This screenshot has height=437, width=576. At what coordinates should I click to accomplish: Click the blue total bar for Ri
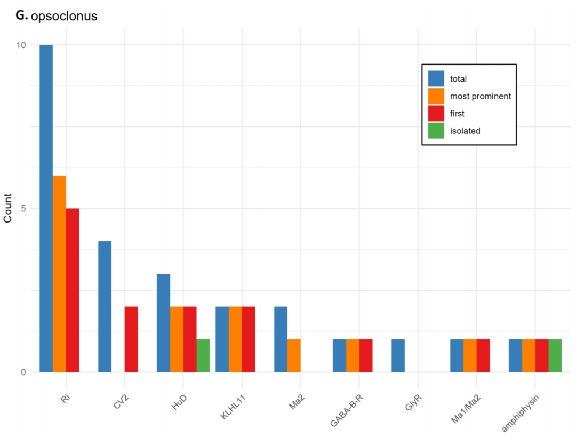(46, 209)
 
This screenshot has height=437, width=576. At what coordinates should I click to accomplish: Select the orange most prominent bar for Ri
(60, 274)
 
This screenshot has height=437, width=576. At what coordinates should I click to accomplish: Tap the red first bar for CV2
(131, 339)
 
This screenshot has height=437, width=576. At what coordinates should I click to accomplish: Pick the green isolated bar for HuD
(203, 355)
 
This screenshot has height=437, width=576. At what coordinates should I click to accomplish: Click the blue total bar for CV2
(105, 306)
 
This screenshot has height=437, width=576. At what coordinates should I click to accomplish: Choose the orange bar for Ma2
(294, 355)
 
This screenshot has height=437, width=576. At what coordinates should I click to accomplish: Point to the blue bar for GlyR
(398, 355)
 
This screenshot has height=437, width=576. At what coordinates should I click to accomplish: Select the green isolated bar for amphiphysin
(555, 355)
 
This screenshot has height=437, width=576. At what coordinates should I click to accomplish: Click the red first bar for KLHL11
(249, 339)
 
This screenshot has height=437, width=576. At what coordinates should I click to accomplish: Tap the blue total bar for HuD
(164, 323)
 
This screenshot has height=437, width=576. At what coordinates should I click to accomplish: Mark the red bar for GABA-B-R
(366, 355)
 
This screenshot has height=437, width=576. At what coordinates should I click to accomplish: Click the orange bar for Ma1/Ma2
(470, 355)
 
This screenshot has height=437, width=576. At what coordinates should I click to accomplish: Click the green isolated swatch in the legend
(436, 131)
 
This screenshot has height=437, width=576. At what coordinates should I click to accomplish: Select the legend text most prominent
(481, 96)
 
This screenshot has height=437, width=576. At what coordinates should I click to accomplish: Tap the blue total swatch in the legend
(436, 78)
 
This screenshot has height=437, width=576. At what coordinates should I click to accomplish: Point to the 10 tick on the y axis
(21, 45)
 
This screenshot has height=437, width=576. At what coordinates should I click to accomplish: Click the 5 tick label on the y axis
(23, 209)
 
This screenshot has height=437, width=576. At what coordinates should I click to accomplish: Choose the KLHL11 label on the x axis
(233, 407)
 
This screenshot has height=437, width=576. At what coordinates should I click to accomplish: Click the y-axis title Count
(7, 208)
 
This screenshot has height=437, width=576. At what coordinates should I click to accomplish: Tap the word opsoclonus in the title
(64, 16)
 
